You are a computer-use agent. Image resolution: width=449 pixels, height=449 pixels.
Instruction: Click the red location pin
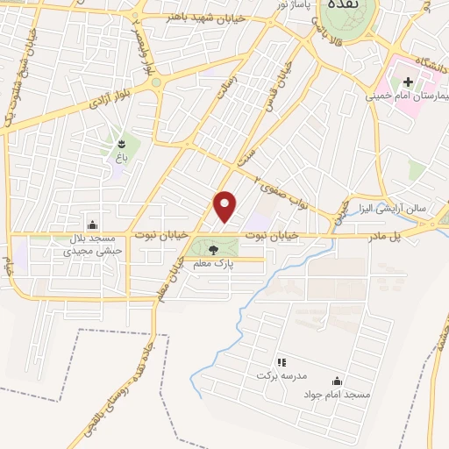pos(225,206)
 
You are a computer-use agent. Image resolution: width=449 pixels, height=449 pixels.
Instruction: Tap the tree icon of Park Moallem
pos(213,249)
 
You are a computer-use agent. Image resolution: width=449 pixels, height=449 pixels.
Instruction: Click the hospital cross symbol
pos(409,81)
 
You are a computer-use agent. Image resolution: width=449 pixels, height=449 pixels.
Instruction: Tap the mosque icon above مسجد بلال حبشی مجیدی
pos(93,224)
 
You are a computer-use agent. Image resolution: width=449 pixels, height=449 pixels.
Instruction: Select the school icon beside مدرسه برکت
pos(282,362)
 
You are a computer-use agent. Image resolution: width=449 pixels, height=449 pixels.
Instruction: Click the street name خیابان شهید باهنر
pos(198,16)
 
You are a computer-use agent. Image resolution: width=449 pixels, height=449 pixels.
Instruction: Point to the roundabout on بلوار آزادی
pos(155,83)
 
